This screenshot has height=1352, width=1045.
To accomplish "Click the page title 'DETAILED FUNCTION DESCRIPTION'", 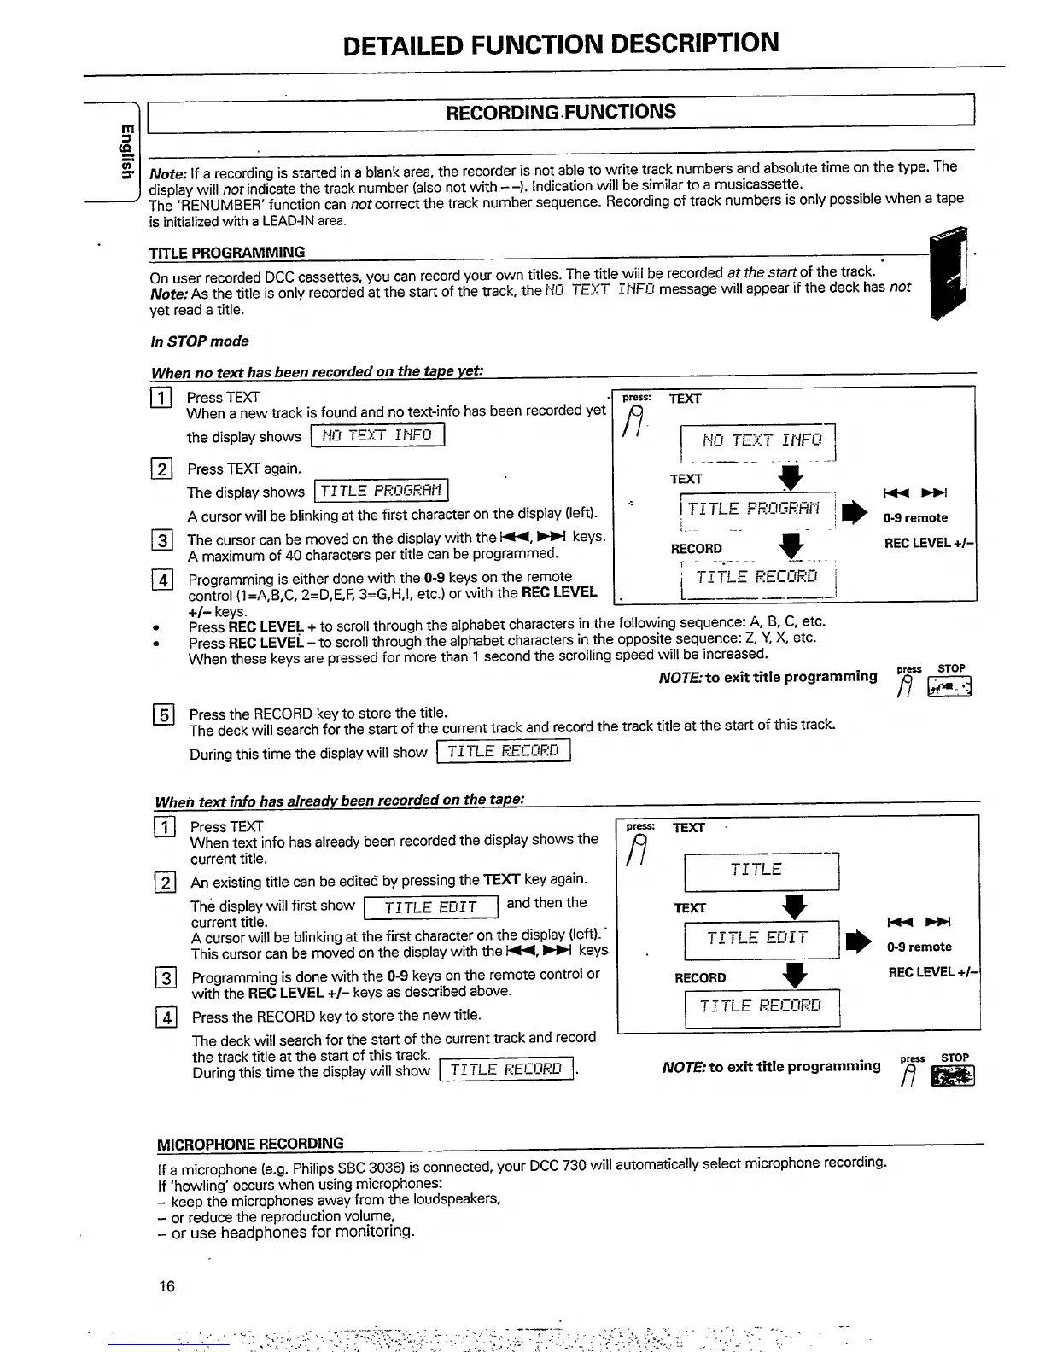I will [560, 43].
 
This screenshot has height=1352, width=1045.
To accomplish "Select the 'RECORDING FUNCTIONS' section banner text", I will [561, 112].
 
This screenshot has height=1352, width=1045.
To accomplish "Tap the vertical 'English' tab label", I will [126, 152].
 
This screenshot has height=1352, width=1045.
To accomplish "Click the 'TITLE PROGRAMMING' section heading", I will [227, 253].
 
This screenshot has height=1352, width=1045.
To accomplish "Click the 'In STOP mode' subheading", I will [200, 341].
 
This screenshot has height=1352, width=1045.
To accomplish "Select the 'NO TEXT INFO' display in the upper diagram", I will [760, 440].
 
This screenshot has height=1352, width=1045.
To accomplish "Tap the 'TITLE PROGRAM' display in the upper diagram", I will [755, 510].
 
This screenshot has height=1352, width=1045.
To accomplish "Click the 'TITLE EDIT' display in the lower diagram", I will [756, 939].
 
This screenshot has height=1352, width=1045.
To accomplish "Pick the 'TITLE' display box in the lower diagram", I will [756, 870].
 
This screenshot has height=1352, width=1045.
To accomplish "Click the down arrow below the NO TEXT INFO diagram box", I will [791, 479].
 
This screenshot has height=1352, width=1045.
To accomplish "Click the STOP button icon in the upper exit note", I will [952, 686].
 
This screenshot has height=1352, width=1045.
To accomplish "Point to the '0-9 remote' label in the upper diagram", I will [915, 518].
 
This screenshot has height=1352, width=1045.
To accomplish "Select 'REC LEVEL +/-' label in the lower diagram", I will [931, 972].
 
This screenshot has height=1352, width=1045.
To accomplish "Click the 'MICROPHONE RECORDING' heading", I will [251, 1144].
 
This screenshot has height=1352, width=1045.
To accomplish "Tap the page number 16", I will [166, 1285].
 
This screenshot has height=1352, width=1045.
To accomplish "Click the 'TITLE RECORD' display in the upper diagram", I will [756, 578].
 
